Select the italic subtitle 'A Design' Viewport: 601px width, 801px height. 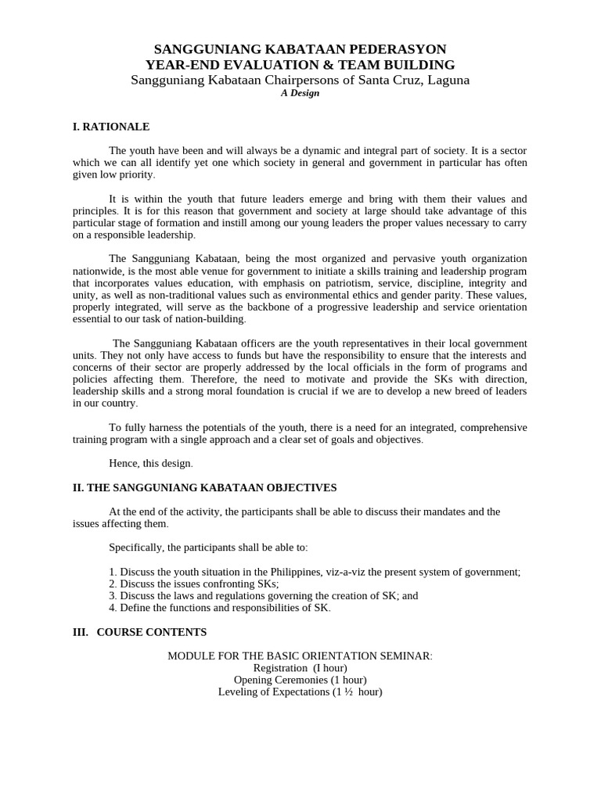click(x=300, y=93)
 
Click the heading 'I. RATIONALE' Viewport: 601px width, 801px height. click(x=110, y=127)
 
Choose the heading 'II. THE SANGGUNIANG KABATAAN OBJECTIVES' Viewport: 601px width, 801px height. click(x=204, y=487)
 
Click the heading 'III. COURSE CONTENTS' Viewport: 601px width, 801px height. click(x=139, y=632)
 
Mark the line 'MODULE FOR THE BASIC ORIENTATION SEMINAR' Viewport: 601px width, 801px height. click(x=300, y=656)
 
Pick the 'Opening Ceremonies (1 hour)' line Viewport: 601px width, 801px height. click(x=300, y=680)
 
